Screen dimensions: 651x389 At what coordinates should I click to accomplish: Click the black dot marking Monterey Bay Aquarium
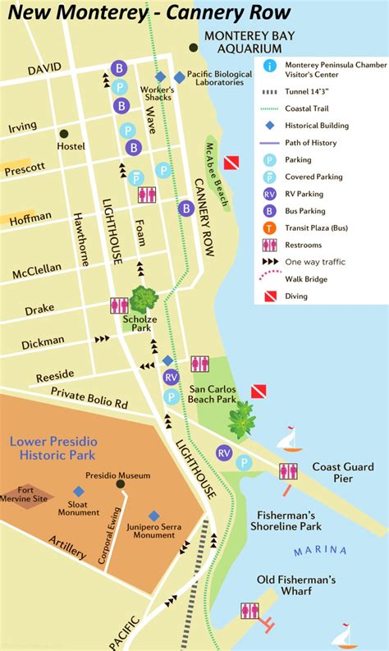click(x=193, y=48)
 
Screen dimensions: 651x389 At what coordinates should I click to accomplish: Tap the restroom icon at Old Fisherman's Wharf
click(x=249, y=611)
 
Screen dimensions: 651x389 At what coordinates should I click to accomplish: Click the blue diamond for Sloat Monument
click(x=79, y=491)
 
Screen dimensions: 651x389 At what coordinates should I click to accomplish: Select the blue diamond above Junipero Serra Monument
click(x=153, y=516)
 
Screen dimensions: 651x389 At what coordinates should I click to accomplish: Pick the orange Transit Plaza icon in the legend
click(x=269, y=228)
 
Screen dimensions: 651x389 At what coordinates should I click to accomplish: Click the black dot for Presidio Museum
click(x=120, y=484)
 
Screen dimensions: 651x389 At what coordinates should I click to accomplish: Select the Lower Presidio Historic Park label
click(x=53, y=448)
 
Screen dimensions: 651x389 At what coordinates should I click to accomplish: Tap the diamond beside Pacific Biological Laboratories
click(x=180, y=77)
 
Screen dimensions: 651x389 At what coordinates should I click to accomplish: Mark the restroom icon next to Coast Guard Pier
click(x=288, y=471)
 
